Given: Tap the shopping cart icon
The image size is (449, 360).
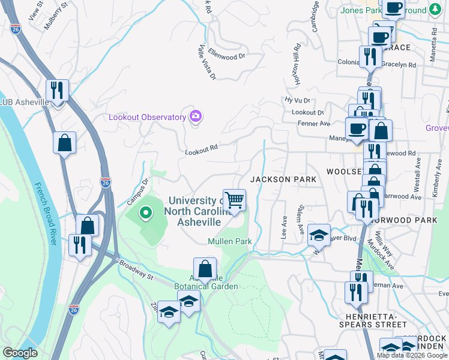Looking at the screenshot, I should pyautogui.click(x=234, y=200).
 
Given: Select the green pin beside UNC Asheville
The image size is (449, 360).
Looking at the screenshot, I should pyautogui.click(x=145, y=213).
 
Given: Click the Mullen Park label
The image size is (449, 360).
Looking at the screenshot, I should pyautogui.click(x=229, y=241).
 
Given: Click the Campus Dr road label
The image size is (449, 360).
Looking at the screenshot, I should pyautogui.click(x=137, y=191).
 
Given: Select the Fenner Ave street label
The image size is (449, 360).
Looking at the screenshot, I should pyautogui.click(x=314, y=124).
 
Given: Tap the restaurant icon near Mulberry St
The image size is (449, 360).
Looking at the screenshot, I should pyautogui.click(x=57, y=91).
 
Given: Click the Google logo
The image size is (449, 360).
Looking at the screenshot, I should pyautogui.click(x=20, y=353).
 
